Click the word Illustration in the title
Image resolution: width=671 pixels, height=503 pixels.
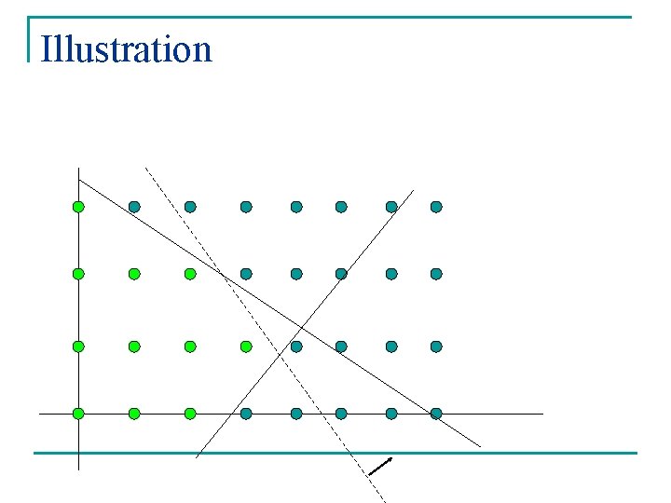coord(127,48)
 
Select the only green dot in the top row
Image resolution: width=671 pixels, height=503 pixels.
coord(79,207)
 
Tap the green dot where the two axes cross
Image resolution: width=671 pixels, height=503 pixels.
coord(79,413)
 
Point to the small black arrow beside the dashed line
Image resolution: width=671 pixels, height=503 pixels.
coord(380,466)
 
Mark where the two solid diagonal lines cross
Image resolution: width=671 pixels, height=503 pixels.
coord(301,327)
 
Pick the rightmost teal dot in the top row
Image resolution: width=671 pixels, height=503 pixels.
coord(436,207)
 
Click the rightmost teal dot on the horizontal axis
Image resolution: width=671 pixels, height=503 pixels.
coord(436,413)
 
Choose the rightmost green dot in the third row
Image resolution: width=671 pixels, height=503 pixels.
coord(246,347)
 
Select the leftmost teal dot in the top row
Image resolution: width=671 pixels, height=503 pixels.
coord(134,207)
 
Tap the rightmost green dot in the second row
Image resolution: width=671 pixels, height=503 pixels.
coord(190,274)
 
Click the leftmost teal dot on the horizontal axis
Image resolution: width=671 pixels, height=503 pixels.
coord(246,413)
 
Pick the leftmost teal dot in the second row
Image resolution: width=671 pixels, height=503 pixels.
coord(246,274)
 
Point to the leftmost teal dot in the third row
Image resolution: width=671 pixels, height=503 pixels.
coord(296,347)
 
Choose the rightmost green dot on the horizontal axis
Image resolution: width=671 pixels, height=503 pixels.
coord(190,413)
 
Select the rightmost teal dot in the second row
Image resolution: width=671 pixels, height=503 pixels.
coord(436,274)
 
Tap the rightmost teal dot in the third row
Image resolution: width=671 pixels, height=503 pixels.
coord(436,347)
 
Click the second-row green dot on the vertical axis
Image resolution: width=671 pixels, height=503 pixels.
coord(79,274)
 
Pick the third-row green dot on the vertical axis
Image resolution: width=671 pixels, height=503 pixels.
coord(79,347)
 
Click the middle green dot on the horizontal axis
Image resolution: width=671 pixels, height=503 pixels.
coord(134,413)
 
